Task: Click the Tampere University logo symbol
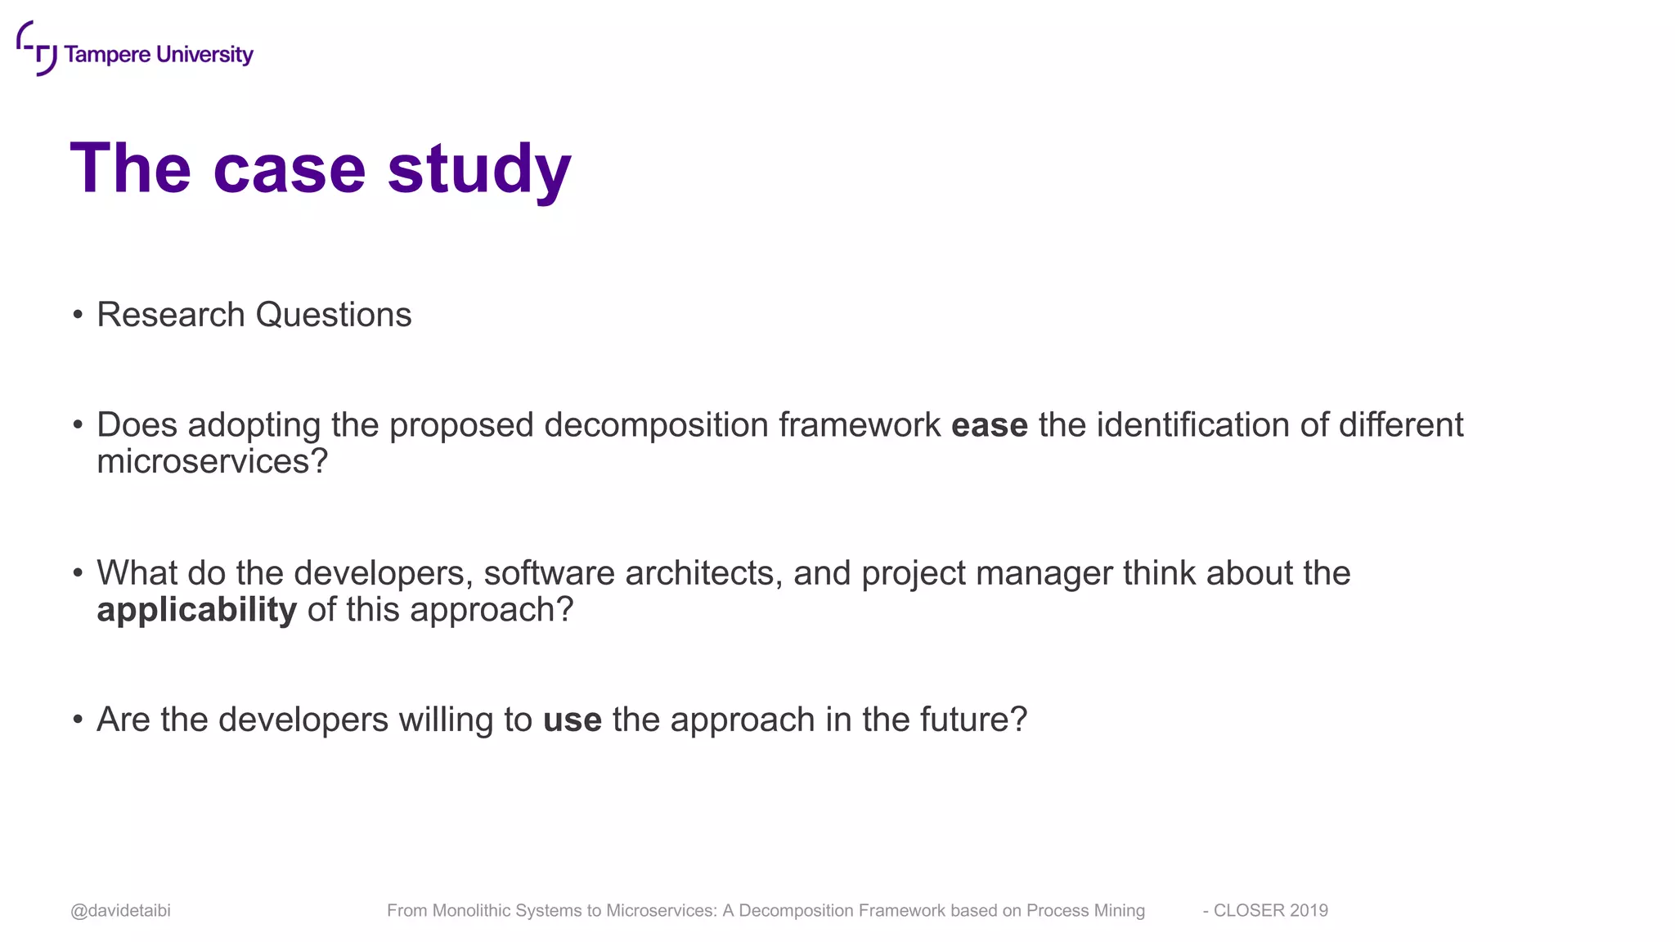pos(36,48)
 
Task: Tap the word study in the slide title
pos(479,169)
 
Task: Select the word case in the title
pos(289,169)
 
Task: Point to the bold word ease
pos(989,425)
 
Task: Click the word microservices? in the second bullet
pos(212,461)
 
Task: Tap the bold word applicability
pos(196,610)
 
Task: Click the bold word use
pos(573,720)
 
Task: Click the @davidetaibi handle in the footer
pos(120,911)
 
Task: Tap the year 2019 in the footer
pos(1309,911)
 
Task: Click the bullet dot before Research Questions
pos(78,315)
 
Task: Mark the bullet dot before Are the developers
pos(78,720)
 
